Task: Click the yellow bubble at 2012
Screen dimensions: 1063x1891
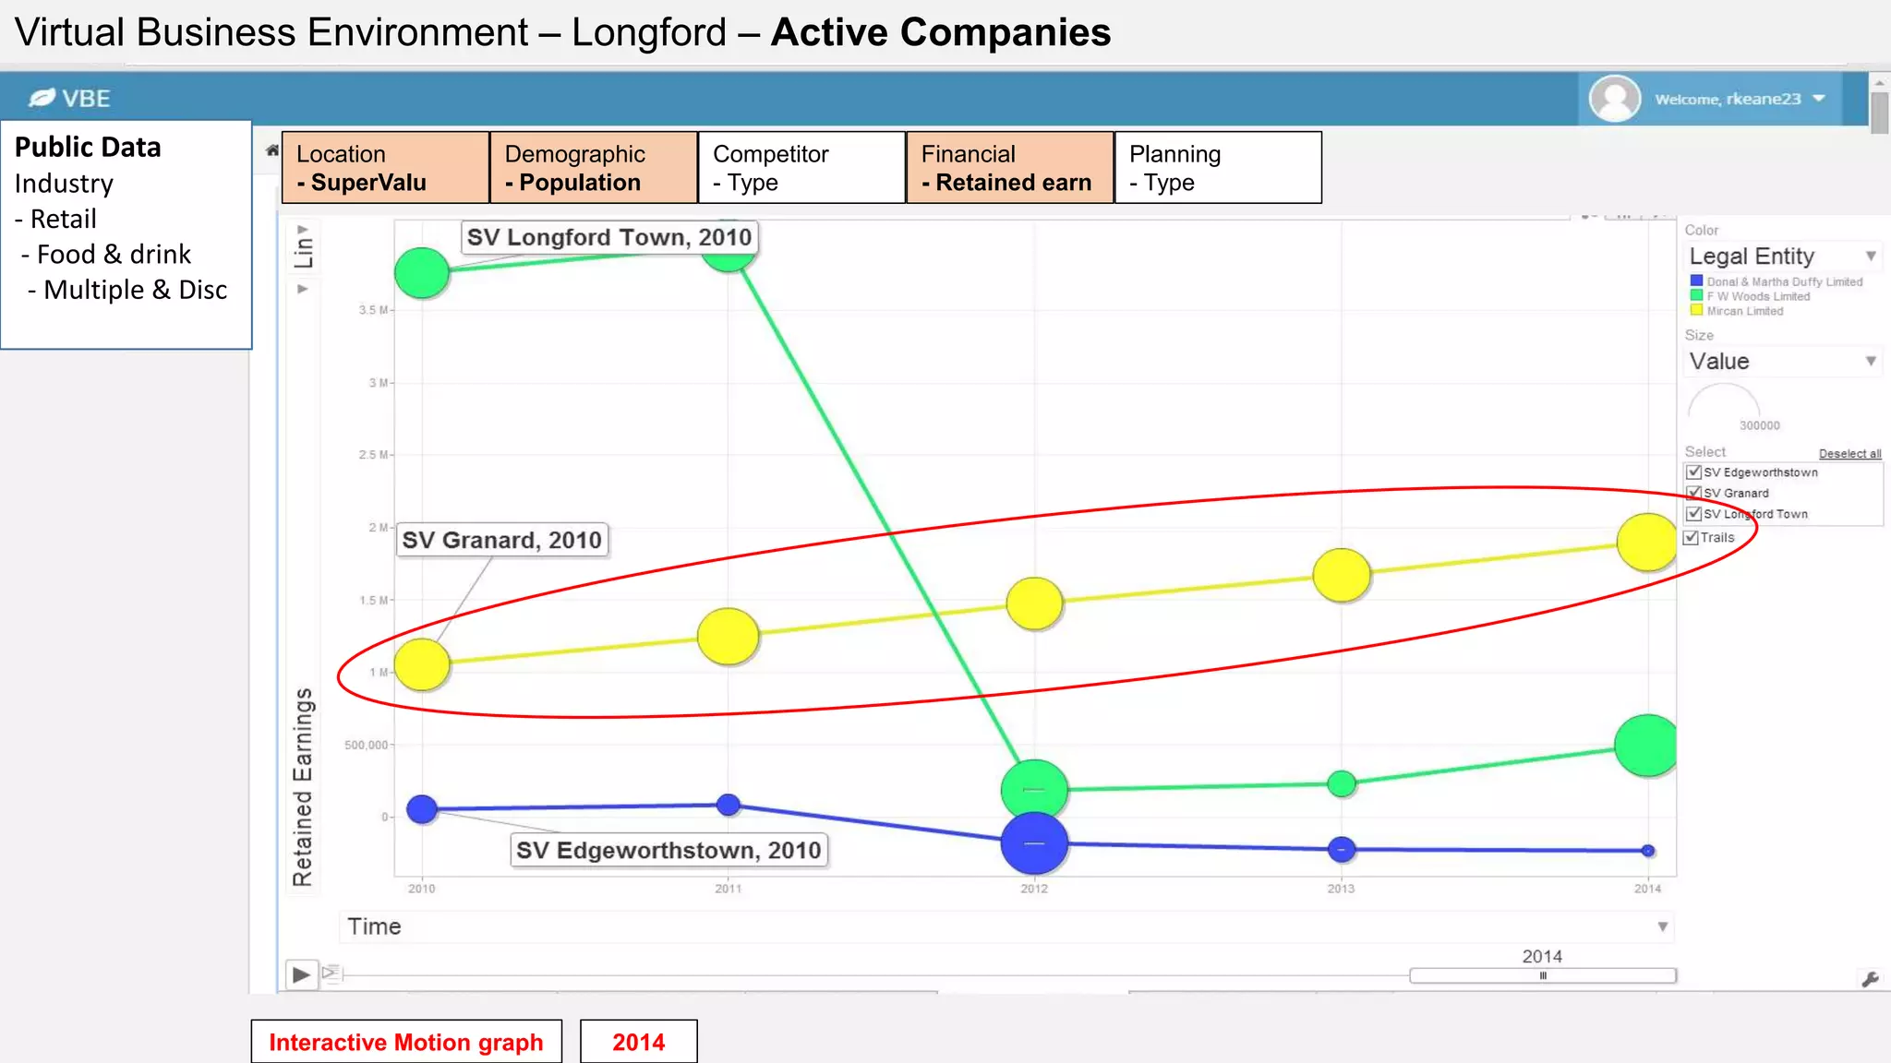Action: coord(1034,603)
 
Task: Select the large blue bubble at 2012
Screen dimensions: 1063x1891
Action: coord(1034,843)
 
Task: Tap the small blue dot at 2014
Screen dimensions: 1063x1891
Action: coord(1648,851)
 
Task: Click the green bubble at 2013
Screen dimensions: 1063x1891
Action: coord(1341,783)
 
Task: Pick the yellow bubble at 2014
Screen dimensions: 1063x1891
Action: coord(1647,543)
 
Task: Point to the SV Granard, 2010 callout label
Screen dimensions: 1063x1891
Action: coord(501,540)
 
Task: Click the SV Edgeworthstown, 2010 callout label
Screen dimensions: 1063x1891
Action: coord(668,850)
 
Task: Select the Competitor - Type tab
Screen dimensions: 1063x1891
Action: coord(801,168)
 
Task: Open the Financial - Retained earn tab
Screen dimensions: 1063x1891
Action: coord(1010,168)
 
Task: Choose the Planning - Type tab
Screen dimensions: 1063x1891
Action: coord(1218,168)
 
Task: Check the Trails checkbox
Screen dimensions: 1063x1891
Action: coord(1692,538)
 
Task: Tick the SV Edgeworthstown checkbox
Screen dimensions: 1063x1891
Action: coord(1694,472)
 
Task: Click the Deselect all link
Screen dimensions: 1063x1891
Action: coord(1849,454)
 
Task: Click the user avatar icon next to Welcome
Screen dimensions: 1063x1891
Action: coord(1614,99)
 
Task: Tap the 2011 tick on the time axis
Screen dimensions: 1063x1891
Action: coord(728,889)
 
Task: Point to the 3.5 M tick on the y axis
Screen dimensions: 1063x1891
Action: coord(371,310)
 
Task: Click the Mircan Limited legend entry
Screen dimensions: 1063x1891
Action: coord(1744,311)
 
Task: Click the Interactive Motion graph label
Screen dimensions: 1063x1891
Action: coord(406,1042)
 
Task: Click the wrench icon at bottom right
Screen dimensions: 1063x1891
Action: coord(1870,979)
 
